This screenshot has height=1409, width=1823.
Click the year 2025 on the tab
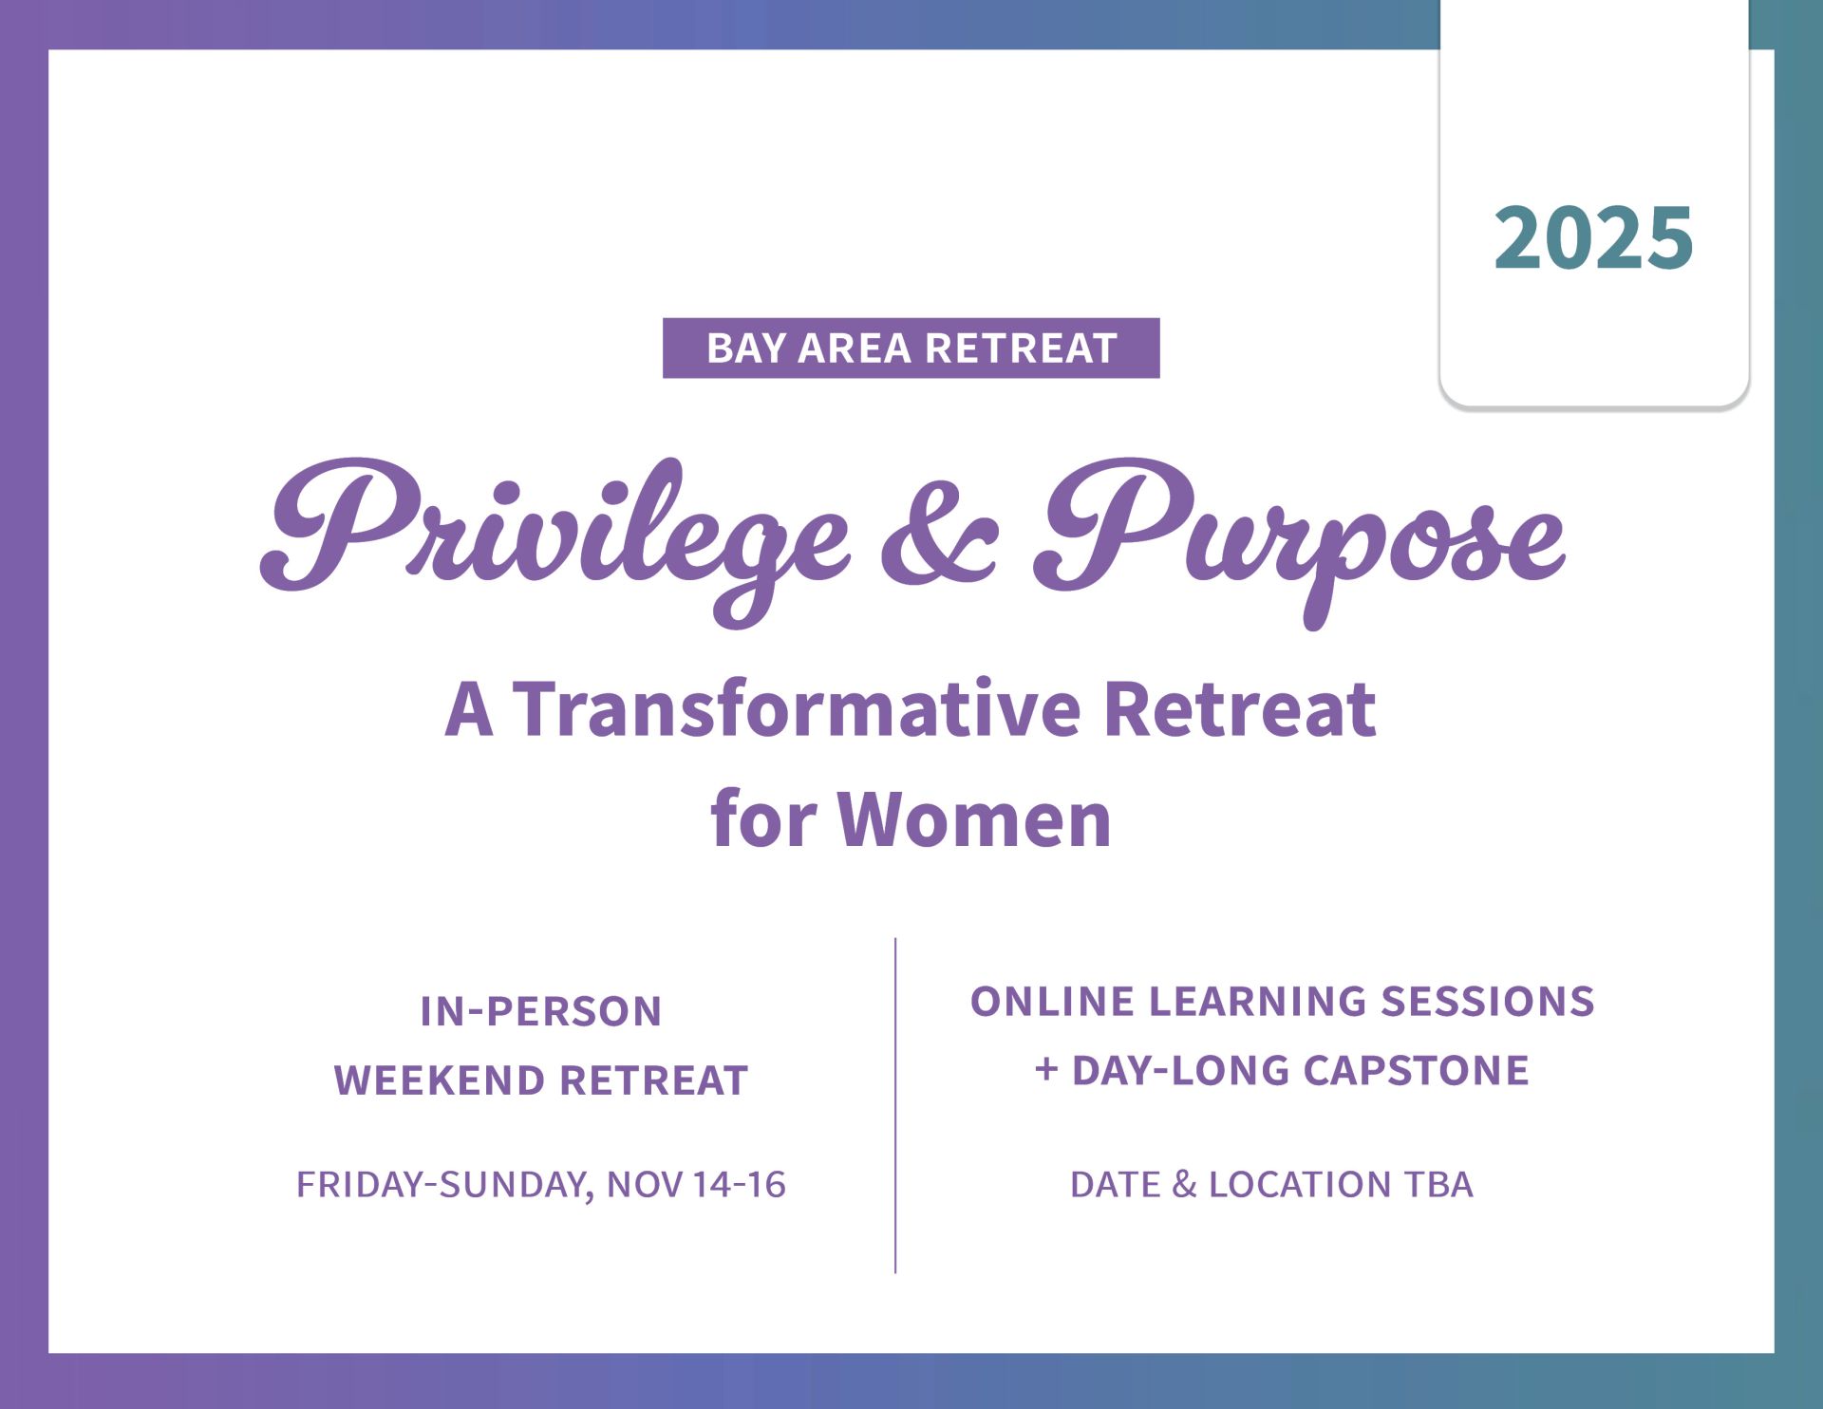click(x=1593, y=237)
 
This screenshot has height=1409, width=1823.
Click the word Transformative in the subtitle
click(x=798, y=709)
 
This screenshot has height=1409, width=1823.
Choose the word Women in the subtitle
click(x=974, y=819)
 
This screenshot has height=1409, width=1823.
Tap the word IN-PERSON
click(x=541, y=1012)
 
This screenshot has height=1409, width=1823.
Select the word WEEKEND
click(x=440, y=1081)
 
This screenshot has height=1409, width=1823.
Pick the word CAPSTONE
click(x=1416, y=1071)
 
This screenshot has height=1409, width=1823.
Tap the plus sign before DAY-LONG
click(x=1046, y=1070)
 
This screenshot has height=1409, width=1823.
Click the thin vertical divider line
click(x=895, y=1105)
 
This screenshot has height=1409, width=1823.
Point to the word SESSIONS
click(x=1487, y=1002)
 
